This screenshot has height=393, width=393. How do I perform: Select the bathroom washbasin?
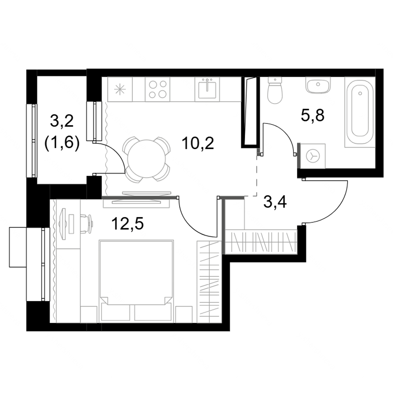point(318,85)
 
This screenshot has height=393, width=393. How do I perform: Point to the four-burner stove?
point(157,89)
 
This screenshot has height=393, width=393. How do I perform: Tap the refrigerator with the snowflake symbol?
point(120,89)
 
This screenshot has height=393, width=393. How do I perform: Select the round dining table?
point(146,159)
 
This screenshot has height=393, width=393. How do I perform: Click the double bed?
point(136,280)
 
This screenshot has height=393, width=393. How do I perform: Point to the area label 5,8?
point(313,116)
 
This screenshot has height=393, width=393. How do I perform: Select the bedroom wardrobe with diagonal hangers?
point(209,282)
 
